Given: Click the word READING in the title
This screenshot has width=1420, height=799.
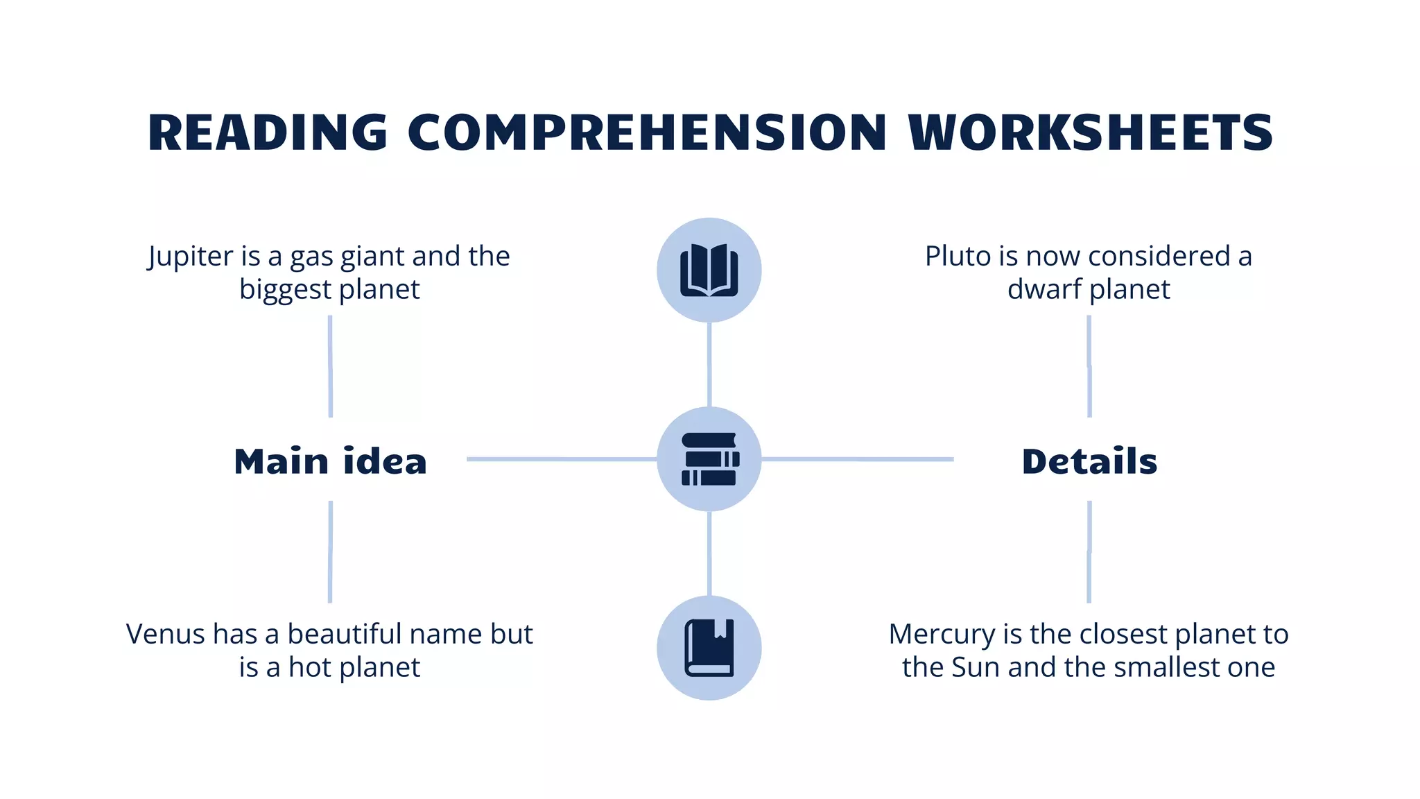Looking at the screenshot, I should pos(267,132).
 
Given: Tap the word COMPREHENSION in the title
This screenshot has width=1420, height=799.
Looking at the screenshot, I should pos(646,132).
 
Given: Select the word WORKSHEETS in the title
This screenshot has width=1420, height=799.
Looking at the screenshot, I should pos(1090,132).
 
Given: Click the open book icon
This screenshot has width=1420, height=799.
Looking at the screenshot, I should pos(709,270).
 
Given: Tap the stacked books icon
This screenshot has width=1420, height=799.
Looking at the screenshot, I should pos(709,459).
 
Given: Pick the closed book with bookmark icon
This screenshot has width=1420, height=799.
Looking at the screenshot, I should pos(709,648).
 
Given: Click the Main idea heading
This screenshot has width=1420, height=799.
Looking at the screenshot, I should pos(330,462).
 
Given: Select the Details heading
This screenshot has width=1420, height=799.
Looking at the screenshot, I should pos(1089,462).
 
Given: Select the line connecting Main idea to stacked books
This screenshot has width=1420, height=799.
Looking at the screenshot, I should pos(562,458).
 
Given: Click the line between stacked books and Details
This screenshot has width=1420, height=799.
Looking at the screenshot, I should pos(857,458).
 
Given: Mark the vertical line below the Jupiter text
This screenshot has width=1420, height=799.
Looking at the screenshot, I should pos(330,366).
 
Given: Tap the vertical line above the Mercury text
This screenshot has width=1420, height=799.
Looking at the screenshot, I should pos(1089,551).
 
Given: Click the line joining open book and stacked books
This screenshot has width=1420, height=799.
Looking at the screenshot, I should pos(709,364).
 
